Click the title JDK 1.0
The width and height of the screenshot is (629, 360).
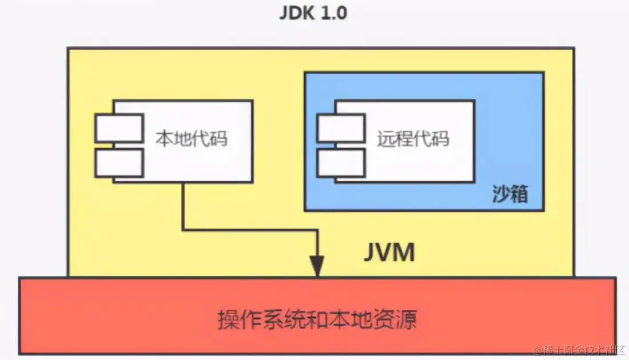click(x=313, y=13)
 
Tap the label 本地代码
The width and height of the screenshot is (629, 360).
click(x=192, y=138)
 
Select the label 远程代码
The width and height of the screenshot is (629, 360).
click(x=413, y=138)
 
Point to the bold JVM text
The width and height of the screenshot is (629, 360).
click(x=389, y=251)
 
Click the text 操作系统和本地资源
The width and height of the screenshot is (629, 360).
click(x=317, y=319)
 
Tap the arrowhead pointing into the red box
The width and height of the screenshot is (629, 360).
click(x=317, y=267)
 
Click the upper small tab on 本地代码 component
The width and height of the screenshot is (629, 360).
click(x=119, y=128)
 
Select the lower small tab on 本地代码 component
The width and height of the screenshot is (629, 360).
click(x=119, y=163)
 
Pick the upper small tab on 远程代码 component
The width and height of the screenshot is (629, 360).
click(x=341, y=128)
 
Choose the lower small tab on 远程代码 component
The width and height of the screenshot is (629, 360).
click(x=341, y=163)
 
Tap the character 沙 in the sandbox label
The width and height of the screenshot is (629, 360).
click(x=500, y=195)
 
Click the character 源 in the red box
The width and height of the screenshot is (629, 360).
click(x=407, y=319)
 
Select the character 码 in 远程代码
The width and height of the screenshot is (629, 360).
click(x=440, y=138)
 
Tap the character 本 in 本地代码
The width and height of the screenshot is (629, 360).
click(x=165, y=138)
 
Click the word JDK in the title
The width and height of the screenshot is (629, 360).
click(x=297, y=13)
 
